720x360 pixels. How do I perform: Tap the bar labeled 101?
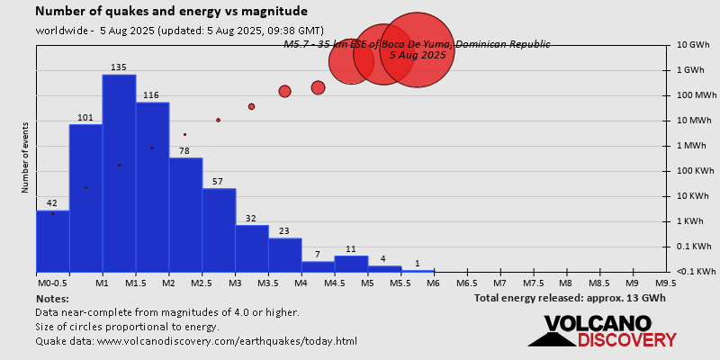85,198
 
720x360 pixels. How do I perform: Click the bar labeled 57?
219,230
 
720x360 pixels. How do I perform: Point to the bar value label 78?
184,150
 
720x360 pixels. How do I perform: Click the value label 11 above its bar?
351,248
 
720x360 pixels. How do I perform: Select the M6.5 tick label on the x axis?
467,283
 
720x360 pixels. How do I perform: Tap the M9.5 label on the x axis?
666,283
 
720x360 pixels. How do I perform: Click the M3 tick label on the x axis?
235,283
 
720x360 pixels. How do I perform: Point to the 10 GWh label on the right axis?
693,44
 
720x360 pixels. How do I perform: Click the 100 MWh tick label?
696,94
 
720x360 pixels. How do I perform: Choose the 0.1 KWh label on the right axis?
695,246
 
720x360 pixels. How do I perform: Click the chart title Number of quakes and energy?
171,12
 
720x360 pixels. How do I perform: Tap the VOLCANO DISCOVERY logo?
602,331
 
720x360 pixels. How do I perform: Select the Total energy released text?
570,298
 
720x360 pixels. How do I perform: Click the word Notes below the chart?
52,298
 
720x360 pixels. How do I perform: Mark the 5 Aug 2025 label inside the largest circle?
418,55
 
